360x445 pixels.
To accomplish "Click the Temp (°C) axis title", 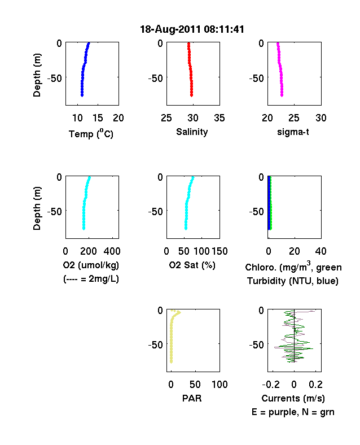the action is (x=91, y=134).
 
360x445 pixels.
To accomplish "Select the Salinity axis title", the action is (x=192, y=132).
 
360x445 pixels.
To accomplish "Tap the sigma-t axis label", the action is (x=293, y=132).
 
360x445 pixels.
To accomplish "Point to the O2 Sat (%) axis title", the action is (x=192, y=265).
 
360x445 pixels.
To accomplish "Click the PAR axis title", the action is (x=192, y=398).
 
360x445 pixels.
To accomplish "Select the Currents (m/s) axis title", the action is (x=293, y=399).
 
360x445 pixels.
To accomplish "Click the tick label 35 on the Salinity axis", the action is (x=219, y=118).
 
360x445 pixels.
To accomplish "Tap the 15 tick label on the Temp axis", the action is (x=98, y=118).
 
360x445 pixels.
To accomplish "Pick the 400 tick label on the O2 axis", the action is (x=112, y=251).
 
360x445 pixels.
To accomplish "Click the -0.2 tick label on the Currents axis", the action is (x=271, y=385).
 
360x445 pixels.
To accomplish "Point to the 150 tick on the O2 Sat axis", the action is (x=219, y=251).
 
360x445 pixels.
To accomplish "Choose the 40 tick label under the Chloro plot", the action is (x=321, y=251).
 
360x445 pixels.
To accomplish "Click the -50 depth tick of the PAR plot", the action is (x=156, y=345).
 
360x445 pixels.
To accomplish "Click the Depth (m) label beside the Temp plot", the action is (x=37, y=75).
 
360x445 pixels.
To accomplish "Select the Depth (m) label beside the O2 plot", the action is (x=37, y=208).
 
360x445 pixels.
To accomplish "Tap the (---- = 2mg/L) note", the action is (x=91, y=279).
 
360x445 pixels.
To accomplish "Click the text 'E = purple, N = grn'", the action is (x=293, y=412).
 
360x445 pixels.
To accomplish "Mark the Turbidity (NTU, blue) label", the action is (x=293, y=281).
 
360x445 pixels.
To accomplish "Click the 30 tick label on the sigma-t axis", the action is (x=321, y=118).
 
